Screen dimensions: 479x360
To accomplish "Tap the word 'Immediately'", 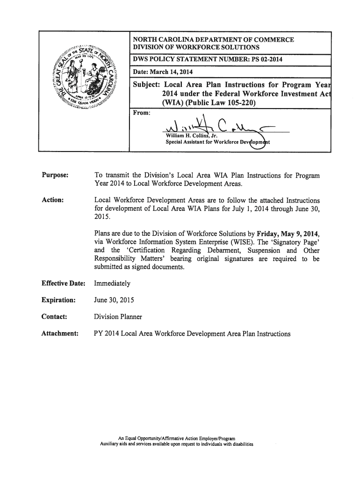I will pyautogui.click(x=112, y=283).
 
